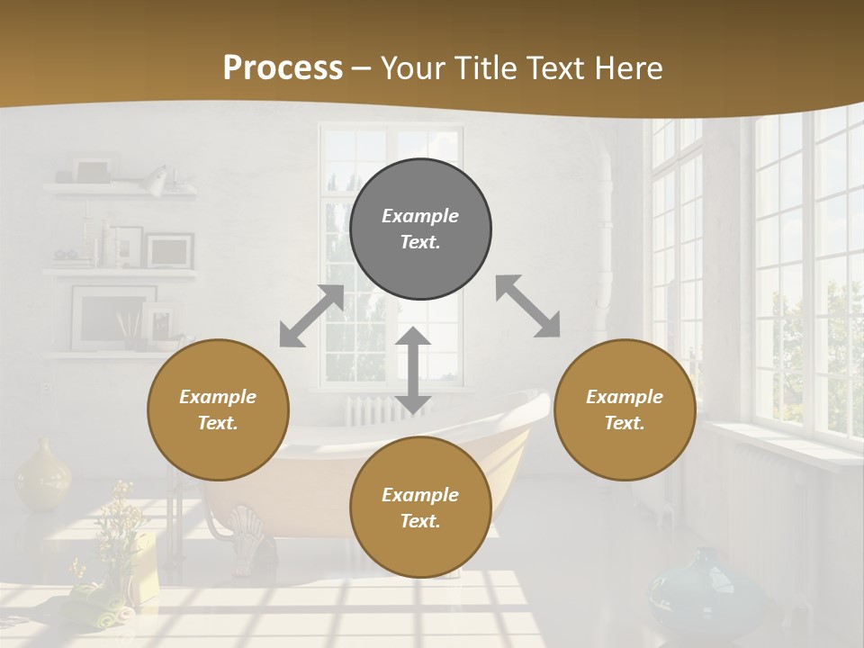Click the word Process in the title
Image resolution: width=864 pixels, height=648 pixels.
283,68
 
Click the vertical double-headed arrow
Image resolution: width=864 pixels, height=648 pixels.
413,370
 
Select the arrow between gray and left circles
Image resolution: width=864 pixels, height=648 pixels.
311,316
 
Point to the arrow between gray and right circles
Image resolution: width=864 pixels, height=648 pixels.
527,306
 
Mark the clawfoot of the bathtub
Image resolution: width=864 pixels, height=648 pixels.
245,535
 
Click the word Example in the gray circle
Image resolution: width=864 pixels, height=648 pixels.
420,216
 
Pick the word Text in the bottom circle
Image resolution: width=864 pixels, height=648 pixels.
419,521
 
